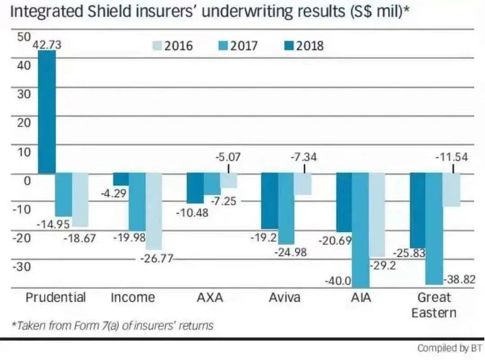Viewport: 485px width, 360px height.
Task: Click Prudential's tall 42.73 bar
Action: coord(47,112)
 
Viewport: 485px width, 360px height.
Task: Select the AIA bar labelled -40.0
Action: coord(361,230)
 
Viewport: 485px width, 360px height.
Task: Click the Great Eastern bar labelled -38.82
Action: coord(434,229)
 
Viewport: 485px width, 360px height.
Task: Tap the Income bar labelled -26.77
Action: coord(154,211)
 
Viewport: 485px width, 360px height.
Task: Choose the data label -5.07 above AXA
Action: coord(228,158)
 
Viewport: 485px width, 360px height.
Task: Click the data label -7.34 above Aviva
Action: coord(304,158)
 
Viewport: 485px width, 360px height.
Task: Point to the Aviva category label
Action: coord(285,297)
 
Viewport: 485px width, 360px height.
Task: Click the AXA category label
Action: coord(210,297)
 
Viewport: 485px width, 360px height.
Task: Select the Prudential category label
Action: coord(56,297)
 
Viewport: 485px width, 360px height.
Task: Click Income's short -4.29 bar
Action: coord(120,179)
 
